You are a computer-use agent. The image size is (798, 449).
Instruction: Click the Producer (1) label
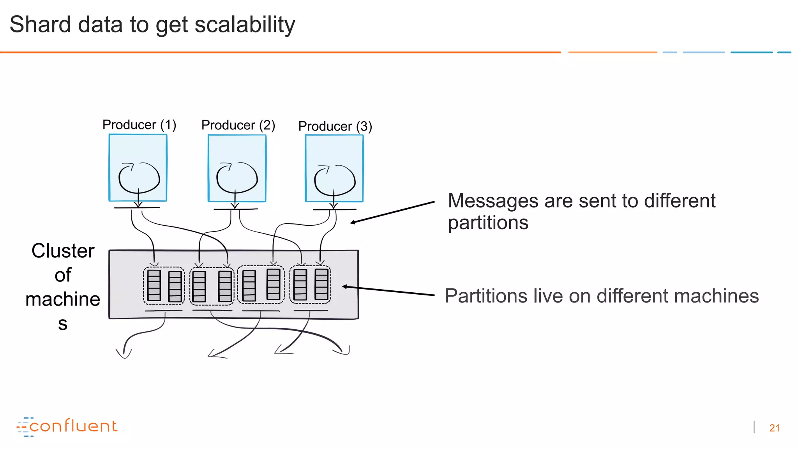139,125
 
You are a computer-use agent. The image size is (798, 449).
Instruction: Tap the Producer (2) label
238,125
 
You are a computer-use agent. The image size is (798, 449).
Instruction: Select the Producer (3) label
335,126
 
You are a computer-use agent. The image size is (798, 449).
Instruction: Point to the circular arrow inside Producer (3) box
335,180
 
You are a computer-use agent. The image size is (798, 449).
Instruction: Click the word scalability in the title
245,25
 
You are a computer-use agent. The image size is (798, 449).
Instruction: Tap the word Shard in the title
40,24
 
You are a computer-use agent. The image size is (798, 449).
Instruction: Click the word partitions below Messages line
488,223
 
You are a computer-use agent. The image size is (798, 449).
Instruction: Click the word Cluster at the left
63,251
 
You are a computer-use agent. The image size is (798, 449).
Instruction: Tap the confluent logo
67,426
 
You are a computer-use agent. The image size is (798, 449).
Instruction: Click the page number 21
774,428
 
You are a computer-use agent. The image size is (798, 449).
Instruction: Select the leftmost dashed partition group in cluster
164,286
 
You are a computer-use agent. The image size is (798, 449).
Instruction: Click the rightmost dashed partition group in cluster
311,285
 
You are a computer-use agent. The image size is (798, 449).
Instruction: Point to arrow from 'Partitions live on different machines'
388,291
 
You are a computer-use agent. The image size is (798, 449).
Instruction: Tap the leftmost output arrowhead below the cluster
124,354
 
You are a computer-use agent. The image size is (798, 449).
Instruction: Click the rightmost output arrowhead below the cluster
344,351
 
